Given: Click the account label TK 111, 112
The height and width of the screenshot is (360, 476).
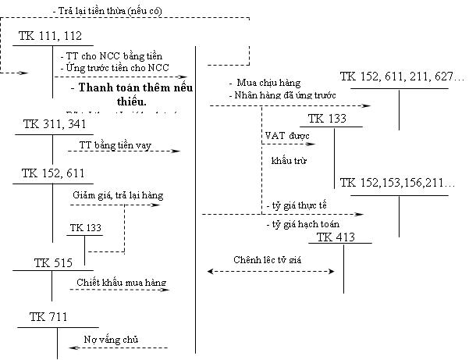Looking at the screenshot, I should (x=51, y=37).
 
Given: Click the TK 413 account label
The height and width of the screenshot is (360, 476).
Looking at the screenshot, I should (x=336, y=237).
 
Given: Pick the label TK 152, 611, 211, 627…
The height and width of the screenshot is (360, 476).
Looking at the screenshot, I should (x=402, y=77).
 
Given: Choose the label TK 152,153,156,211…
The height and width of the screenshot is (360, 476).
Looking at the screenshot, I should (x=398, y=183).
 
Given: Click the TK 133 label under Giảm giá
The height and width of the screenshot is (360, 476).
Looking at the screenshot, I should (x=86, y=227).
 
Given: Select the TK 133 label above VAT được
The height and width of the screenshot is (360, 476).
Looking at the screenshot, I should (x=327, y=119).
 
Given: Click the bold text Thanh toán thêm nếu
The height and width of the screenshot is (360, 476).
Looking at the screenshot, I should (x=133, y=87).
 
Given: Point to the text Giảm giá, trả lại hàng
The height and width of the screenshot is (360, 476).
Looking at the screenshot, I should (x=117, y=195).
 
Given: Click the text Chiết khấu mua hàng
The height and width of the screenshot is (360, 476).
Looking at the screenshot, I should (x=121, y=282).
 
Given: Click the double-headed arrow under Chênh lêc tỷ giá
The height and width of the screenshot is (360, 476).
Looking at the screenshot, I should (x=270, y=272).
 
